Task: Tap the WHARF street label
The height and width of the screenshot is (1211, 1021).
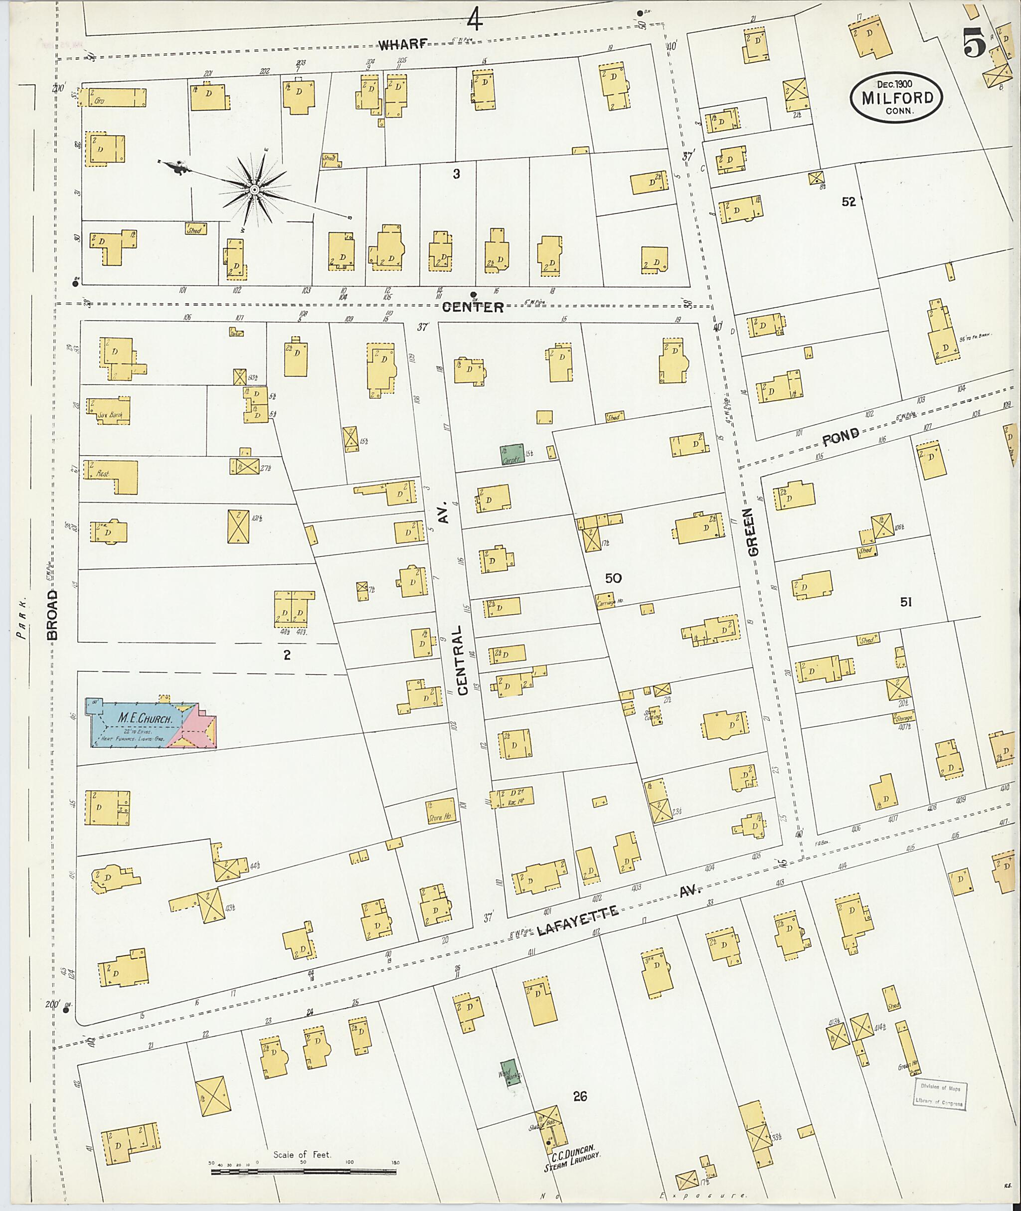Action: tap(403, 44)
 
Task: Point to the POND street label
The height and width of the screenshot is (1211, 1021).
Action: tap(841, 438)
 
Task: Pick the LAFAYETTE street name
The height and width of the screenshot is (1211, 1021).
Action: tap(578, 916)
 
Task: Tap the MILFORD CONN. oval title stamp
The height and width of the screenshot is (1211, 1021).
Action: tap(896, 97)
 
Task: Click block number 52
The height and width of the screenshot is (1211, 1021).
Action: tap(849, 201)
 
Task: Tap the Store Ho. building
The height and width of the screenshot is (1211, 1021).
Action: tap(442, 811)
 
